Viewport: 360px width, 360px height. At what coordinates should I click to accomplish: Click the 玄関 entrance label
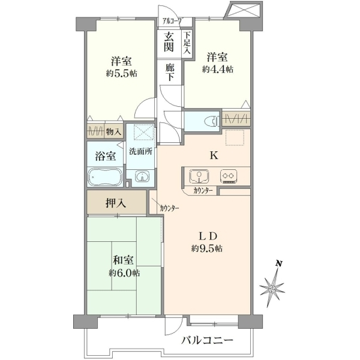pos(169,43)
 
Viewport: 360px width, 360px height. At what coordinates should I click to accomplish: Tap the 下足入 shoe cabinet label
pos(187,43)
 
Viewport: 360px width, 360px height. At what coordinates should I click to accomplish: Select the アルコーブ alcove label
pos(172,22)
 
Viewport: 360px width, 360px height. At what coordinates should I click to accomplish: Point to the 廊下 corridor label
pos(170,73)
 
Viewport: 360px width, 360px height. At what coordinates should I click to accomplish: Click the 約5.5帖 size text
pos(121,74)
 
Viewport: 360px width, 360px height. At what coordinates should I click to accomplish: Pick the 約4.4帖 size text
pos(217,69)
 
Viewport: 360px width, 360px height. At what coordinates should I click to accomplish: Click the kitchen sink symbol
pos(199,176)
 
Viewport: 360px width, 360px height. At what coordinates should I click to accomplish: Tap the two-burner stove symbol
pos(229,176)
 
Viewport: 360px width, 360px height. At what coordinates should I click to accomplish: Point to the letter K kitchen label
pos(214,156)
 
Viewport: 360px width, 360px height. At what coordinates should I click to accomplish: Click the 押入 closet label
pos(116,203)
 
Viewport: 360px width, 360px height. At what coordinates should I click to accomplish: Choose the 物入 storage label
pos(113,132)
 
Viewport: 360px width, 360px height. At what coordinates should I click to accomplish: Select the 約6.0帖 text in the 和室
pos(124,274)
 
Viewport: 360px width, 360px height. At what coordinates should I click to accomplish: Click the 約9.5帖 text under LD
pos(206,248)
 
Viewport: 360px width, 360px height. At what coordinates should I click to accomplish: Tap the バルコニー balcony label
pos(208,340)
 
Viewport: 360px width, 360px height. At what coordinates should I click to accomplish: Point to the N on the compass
pos(279,263)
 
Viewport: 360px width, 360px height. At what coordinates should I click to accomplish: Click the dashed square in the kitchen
pos(235,137)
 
